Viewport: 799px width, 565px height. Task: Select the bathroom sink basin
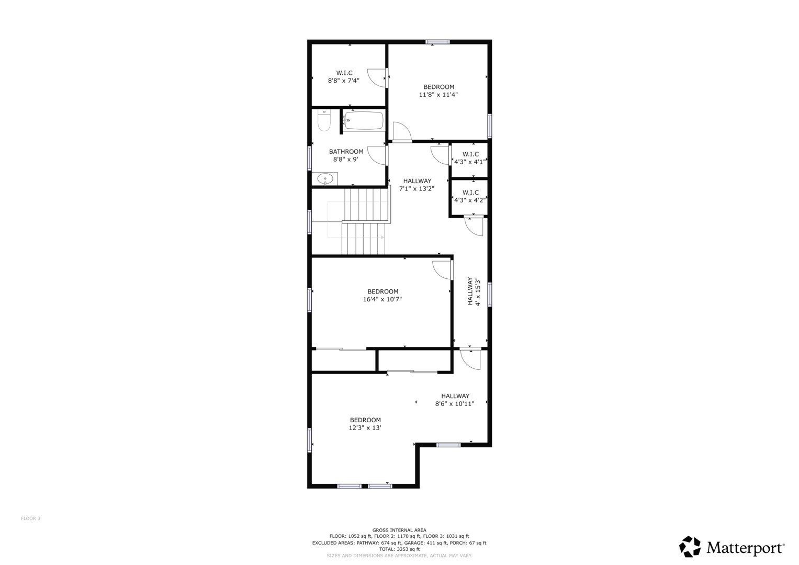tap(325, 179)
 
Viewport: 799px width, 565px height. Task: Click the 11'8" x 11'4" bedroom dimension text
tap(438, 95)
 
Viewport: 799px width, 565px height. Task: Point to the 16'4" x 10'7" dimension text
tap(382, 299)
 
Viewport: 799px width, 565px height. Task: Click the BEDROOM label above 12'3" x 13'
tap(365, 420)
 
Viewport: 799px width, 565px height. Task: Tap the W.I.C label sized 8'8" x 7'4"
tap(344, 73)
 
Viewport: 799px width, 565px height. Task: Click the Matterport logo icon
tap(690, 547)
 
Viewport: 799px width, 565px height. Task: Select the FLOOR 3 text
tap(30, 518)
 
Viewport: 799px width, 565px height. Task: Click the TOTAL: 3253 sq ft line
tap(399, 549)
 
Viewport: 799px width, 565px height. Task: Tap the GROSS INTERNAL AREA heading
tap(399, 530)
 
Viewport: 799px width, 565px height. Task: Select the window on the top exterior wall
tap(437, 42)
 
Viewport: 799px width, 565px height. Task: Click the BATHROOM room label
tap(346, 152)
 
